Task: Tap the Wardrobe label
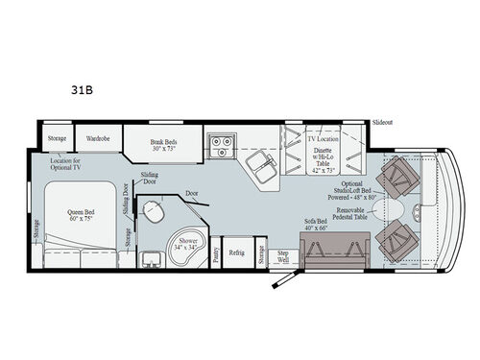98,138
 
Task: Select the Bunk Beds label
163,143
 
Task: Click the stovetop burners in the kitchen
222,146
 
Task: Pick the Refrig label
236,252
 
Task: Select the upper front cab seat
395,178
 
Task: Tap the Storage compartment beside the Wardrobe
57,138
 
